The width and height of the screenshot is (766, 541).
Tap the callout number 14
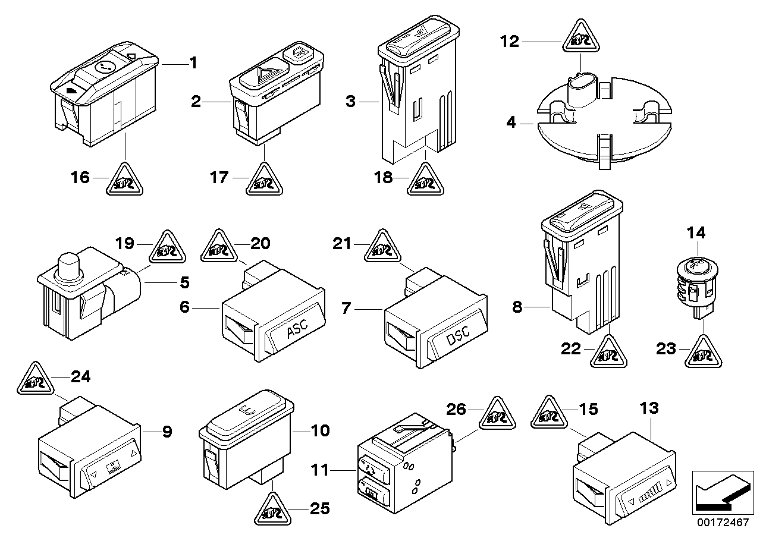(696, 233)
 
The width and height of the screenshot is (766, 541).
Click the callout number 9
(167, 431)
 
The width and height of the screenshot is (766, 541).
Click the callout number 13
(650, 408)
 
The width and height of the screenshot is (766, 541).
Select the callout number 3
(350, 102)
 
